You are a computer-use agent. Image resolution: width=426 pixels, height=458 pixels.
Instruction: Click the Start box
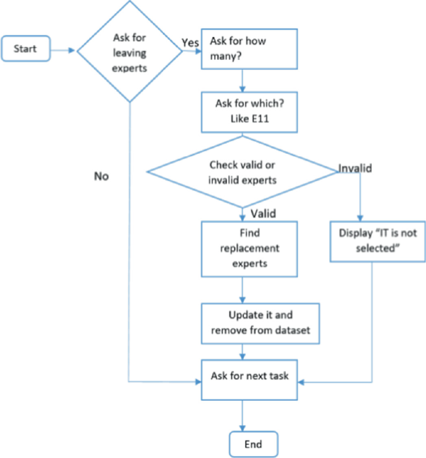point(27,49)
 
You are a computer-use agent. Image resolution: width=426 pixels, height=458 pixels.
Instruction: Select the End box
point(252,444)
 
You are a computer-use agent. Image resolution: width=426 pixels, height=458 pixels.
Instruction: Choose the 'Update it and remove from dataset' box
point(260,324)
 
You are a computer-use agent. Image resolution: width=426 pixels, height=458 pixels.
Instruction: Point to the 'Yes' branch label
point(190,42)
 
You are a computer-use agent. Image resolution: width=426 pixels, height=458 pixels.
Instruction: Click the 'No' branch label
point(101,176)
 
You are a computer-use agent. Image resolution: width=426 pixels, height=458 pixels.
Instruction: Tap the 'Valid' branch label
point(263,213)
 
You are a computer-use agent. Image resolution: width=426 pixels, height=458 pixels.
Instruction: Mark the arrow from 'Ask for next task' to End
point(241,415)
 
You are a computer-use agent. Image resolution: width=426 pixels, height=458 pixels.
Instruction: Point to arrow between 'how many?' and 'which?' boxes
point(241,81)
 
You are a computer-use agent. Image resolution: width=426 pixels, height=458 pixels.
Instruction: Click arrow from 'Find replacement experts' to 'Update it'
point(241,289)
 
